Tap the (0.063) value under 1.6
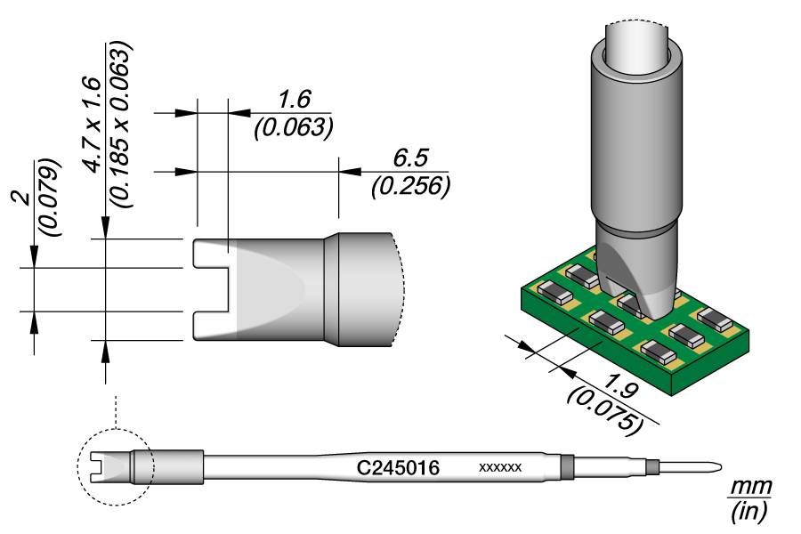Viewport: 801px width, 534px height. [x=293, y=127]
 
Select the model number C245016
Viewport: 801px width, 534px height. [x=398, y=467]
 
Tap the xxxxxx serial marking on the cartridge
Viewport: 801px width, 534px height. [x=499, y=467]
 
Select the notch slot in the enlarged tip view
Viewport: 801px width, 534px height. [x=212, y=289]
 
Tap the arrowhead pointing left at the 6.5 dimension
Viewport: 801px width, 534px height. [x=349, y=171]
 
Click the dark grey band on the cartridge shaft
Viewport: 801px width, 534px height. [x=566, y=467]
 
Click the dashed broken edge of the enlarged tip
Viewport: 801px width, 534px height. [x=402, y=289]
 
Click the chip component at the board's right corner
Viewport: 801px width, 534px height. [x=716, y=318]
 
